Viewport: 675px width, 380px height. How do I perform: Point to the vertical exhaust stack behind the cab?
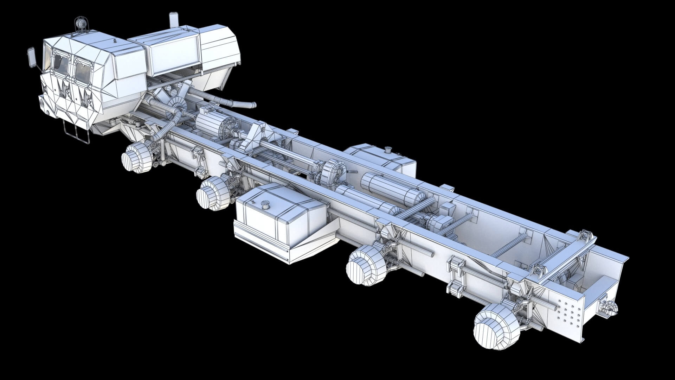pyautogui.click(x=173, y=20)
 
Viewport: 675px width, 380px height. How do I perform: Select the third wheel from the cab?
pyautogui.click(x=364, y=265)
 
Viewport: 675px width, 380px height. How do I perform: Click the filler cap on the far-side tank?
pyautogui.click(x=388, y=150)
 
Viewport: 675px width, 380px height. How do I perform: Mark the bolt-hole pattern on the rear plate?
pyautogui.click(x=566, y=311)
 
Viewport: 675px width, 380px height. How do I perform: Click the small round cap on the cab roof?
pyautogui.click(x=114, y=40)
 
